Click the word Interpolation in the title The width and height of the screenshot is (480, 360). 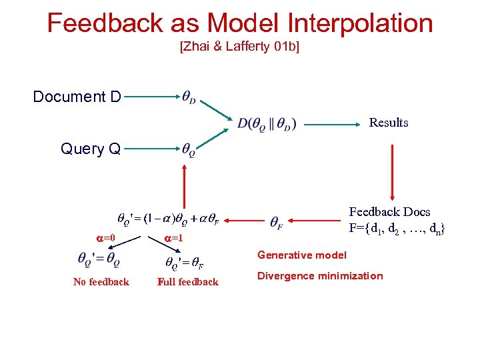click(361, 23)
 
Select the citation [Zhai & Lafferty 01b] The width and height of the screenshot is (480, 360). click(239, 47)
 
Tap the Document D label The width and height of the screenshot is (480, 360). click(77, 97)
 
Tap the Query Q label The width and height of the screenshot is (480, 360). click(91, 149)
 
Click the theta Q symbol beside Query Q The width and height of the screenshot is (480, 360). click(189, 150)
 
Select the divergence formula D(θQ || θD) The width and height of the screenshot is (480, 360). click(267, 123)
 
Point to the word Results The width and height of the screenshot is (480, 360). click(389, 123)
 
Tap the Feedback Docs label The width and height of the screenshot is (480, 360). click(390, 212)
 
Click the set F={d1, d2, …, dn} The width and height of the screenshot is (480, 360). click(397, 229)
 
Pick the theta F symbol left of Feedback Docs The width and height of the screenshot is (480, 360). click(277, 221)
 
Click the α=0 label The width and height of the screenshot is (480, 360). click(105, 238)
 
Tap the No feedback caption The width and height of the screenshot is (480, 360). click(101, 282)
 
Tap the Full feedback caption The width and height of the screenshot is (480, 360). click(188, 282)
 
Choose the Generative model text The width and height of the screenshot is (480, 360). click(302, 255)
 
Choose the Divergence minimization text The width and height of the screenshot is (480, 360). click(320, 276)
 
